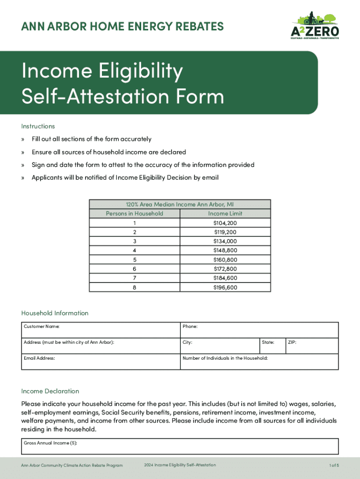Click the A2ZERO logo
(315, 26)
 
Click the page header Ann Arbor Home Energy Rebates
(122, 27)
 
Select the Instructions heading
(38, 126)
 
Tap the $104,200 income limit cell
(225, 223)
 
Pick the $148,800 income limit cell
(225, 250)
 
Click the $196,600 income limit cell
(225, 287)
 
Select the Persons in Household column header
(135, 213)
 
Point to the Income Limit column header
(225, 213)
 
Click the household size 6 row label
(135, 269)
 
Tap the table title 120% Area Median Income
(180, 204)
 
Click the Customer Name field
(101, 330)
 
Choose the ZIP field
(311, 346)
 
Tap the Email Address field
(101, 362)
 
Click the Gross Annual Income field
(180, 447)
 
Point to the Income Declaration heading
(50, 391)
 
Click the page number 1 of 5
(334, 465)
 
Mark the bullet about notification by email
(125, 178)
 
